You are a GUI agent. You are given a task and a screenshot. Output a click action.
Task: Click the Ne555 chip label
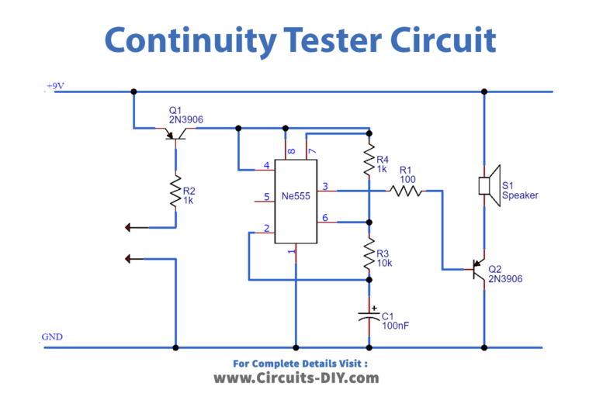click(296, 197)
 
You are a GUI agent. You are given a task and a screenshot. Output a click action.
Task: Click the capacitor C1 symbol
click(369, 316)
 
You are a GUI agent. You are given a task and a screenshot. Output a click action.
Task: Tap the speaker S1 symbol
click(488, 186)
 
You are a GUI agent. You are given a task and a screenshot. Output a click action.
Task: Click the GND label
click(52, 337)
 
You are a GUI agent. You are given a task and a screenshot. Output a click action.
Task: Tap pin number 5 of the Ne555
click(266, 198)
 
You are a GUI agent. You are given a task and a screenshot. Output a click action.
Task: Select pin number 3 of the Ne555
click(325, 185)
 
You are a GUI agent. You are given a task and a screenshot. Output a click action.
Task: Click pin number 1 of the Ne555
click(292, 252)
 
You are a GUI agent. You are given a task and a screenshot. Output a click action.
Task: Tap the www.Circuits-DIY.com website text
click(296, 378)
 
